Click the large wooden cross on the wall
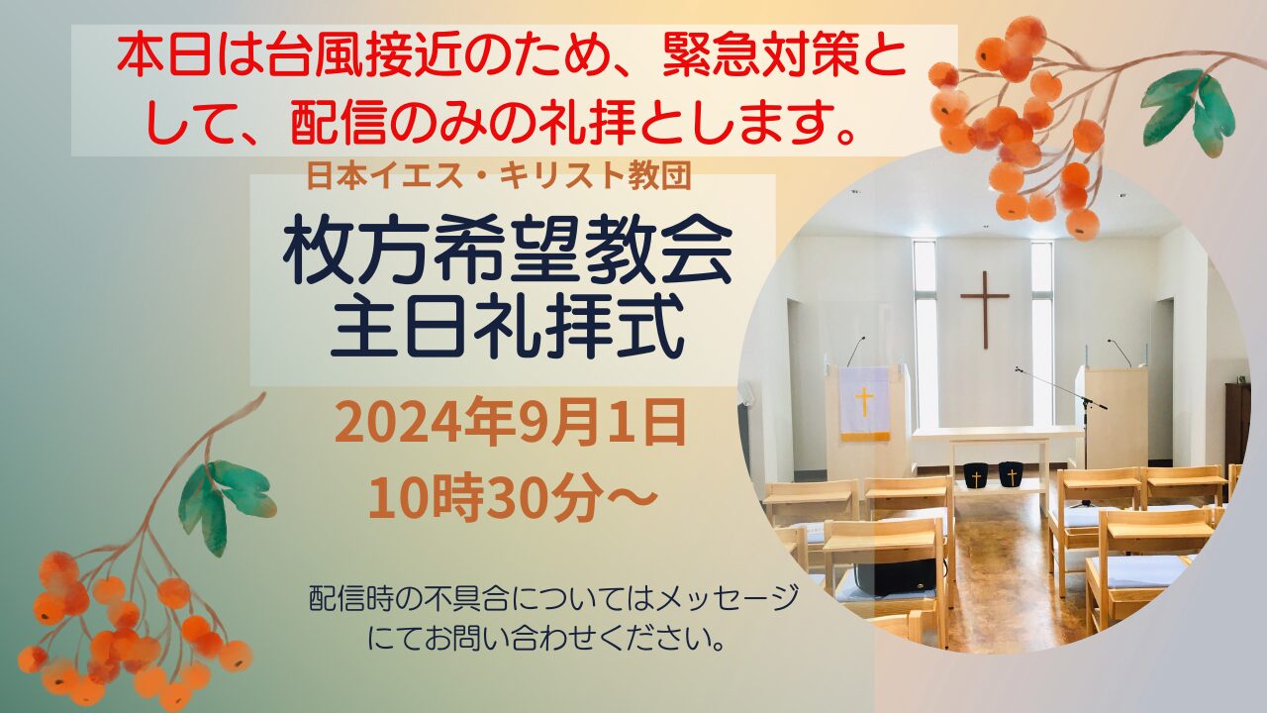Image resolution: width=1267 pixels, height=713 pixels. pyautogui.click(x=985, y=308)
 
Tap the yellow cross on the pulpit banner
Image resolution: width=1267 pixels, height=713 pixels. pyautogui.click(x=864, y=401)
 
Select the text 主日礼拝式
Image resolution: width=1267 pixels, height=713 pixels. pyautogui.click(x=507, y=328)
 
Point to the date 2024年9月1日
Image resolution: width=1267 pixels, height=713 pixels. pyautogui.click(x=510, y=422)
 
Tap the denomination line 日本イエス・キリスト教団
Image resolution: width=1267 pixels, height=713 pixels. pyautogui.click(x=499, y=176)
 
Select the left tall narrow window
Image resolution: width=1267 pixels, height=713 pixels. pyautogui.click(x=925, y=334)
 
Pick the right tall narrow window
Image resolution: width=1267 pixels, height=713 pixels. pyautogui.click(x=1042, y=334)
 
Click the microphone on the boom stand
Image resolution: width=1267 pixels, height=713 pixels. pyautogui.click(x=1020, y=370)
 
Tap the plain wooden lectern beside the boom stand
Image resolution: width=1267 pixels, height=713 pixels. pyautogui.click(x=1112, y=416)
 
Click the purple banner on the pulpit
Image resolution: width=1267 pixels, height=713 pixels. pyautogui.click(x=864, y=404)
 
